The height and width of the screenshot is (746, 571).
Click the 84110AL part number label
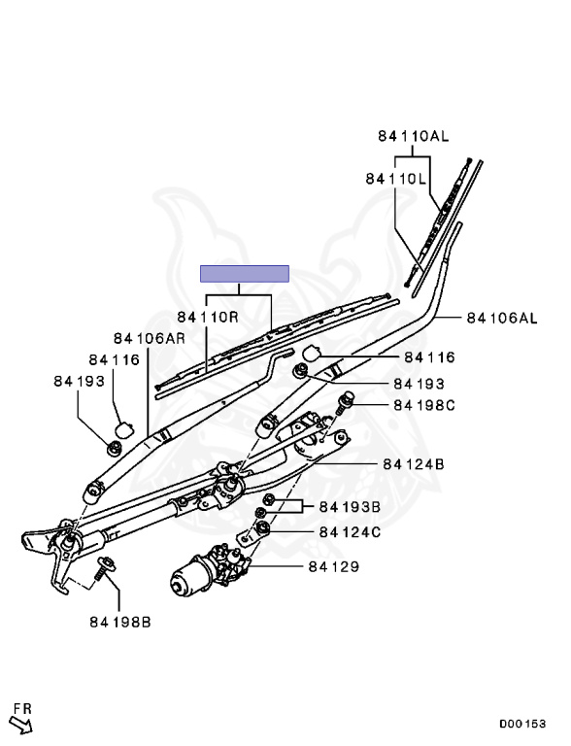tap(413, 136)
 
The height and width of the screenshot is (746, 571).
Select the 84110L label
tap(396, 179)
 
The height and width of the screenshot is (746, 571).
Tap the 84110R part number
tap(208, 317)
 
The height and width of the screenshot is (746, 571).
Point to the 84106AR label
tap(149, 338)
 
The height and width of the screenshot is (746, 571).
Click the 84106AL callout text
tap(502, 318)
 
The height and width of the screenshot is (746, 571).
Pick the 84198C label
tap(424, 405)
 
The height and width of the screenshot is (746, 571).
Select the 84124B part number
tap(414, 464)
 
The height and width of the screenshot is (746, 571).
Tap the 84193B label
tap(350, 507)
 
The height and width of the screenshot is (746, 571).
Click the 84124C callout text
tap(350, 532)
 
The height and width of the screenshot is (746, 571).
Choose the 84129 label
tap(333, 566)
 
